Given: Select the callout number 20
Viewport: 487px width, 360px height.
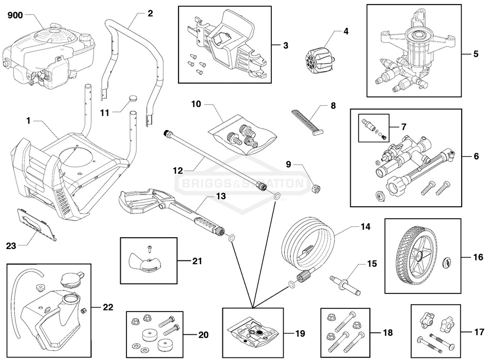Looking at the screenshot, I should tap(203, 335).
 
